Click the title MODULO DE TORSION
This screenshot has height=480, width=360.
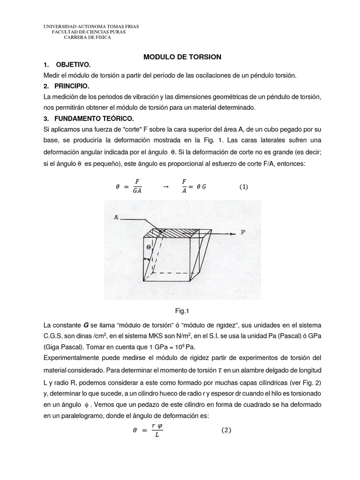pyautogui.click(x=182, y=56)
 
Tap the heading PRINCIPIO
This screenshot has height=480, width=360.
pyautogui.click(x=72, y=87)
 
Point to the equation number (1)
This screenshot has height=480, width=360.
pyautogui.click(x=243, y=187)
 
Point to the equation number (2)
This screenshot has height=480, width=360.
pyautogui.click(x=227, y=430)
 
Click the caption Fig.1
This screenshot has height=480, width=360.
pyautogui.click(x=180, y=310)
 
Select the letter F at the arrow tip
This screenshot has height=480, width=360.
pyautogui.click(x=243, y=232)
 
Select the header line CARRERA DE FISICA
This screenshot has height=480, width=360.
pyautogui.click(x=87, y=38)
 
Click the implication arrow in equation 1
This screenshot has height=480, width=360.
pyautogui.click(x=165, y=187)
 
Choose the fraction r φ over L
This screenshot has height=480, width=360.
pyautogui.click(x=157, y=430)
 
